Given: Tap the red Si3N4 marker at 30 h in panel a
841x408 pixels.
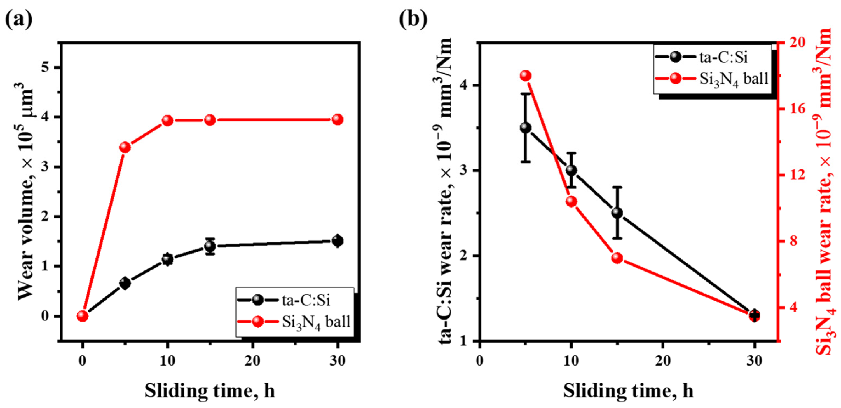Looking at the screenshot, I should click(x=338, y=120).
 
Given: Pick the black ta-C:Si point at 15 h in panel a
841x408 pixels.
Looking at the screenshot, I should click(x=210, y=246).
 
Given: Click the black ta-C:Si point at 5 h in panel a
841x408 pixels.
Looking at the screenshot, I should click(x=125, y=283).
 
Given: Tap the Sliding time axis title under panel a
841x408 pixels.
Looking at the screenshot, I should click(x=210, y=390).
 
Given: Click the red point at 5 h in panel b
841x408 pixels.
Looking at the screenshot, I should click(x=526, y=76).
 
